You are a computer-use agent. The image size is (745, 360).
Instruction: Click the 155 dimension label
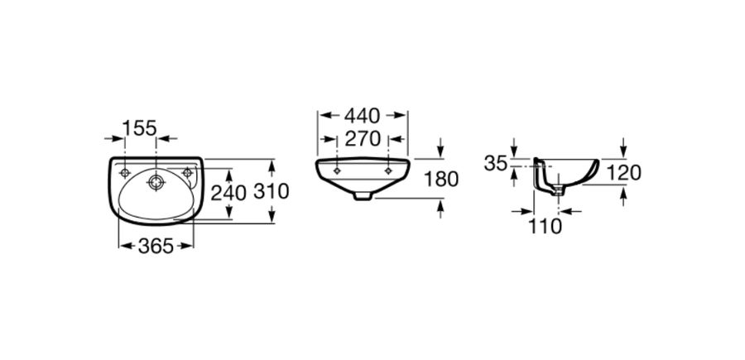click(139, 127)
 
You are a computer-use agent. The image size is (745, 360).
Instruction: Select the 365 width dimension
click(156, 246)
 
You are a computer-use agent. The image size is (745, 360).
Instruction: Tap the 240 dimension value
click(228, 193)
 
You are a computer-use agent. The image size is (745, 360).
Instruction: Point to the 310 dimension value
click(272, 191)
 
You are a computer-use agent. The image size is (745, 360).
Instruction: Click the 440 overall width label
click(363, 115)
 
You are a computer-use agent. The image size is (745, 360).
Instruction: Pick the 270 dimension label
click(363, 139)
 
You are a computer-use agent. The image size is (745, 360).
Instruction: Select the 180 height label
click(441, 179)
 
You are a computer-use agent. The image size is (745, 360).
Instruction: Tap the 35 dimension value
click(496, 164)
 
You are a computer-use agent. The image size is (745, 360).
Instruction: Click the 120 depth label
click(624, 173)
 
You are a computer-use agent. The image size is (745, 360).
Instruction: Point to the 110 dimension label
click(545, 227)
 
